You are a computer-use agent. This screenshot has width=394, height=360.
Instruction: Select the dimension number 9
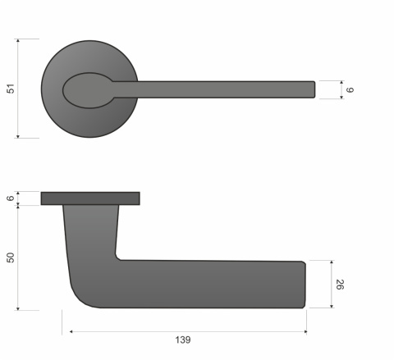(x=350, y=89)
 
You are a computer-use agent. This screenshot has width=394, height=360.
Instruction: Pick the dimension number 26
(x=340, y=285)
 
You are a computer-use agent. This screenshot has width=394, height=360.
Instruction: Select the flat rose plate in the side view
(x=89, y=198)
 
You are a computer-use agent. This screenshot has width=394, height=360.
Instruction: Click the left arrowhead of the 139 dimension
(x=66, y=331)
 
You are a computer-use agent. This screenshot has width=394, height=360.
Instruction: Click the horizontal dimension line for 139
(x=185, y=331)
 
